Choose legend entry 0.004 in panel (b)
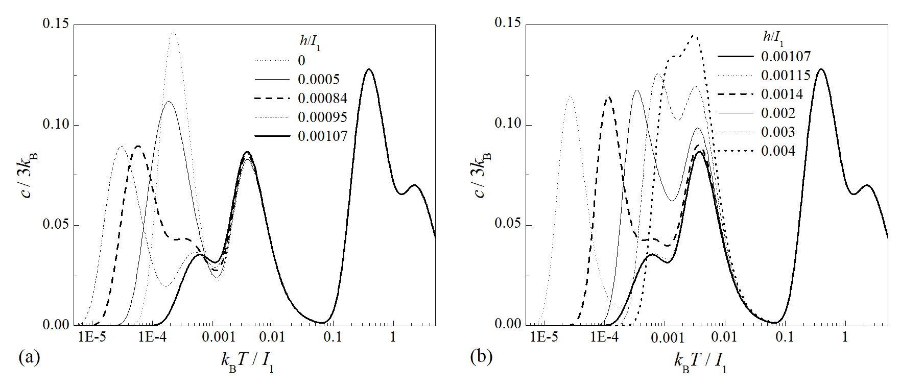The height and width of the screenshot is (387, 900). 778,151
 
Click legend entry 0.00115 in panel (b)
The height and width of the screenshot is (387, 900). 786,76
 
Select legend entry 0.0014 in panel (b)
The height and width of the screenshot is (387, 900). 782,94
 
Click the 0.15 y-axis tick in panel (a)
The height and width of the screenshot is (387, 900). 57,25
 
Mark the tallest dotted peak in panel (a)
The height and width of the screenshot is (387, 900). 174,33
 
